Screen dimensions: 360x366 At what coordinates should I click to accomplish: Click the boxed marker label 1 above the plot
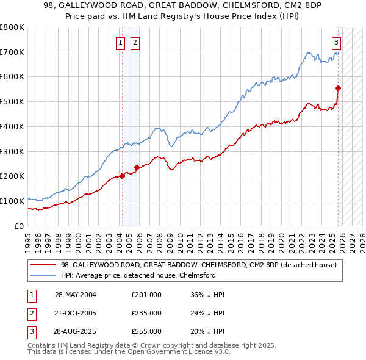121,43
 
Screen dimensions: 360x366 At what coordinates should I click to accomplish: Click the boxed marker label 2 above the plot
134,43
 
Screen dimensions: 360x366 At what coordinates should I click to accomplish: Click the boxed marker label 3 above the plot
336,43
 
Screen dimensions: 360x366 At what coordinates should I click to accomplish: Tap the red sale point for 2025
338,88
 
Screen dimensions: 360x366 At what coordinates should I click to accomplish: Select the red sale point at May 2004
122,176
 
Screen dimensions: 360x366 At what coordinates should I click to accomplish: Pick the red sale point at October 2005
137,167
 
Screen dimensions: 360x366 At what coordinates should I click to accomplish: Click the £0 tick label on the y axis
19,226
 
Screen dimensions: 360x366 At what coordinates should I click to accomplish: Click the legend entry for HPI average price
138,275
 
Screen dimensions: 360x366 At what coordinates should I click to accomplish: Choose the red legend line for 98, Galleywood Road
43,265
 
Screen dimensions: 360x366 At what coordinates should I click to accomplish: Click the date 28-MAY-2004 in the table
75,295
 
